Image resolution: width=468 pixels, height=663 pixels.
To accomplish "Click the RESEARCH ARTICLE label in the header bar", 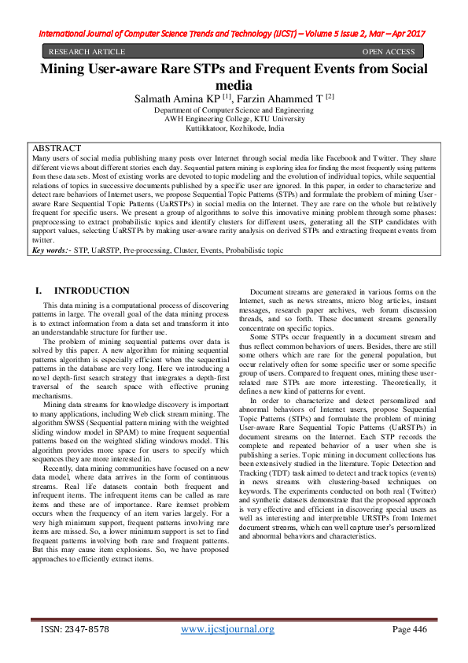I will click(x=87, y=52).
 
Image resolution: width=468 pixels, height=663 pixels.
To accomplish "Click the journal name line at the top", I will click(x=234, y=34).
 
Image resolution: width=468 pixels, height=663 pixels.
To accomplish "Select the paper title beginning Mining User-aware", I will click(x=234, y=69).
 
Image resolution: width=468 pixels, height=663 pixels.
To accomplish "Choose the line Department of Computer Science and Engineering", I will click(x=234, y=110).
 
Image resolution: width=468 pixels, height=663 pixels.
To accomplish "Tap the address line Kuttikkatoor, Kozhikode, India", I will click(x=234, y=128).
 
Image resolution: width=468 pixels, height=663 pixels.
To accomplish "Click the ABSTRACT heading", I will click(x=56, y=148).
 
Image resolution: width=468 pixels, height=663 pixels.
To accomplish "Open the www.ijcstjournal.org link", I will click(x=227, y=629).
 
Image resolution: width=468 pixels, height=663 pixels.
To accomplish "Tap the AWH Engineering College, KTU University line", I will click(x=234, y=119).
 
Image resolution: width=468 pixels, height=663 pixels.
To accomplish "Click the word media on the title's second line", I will click(x=234, y=84).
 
